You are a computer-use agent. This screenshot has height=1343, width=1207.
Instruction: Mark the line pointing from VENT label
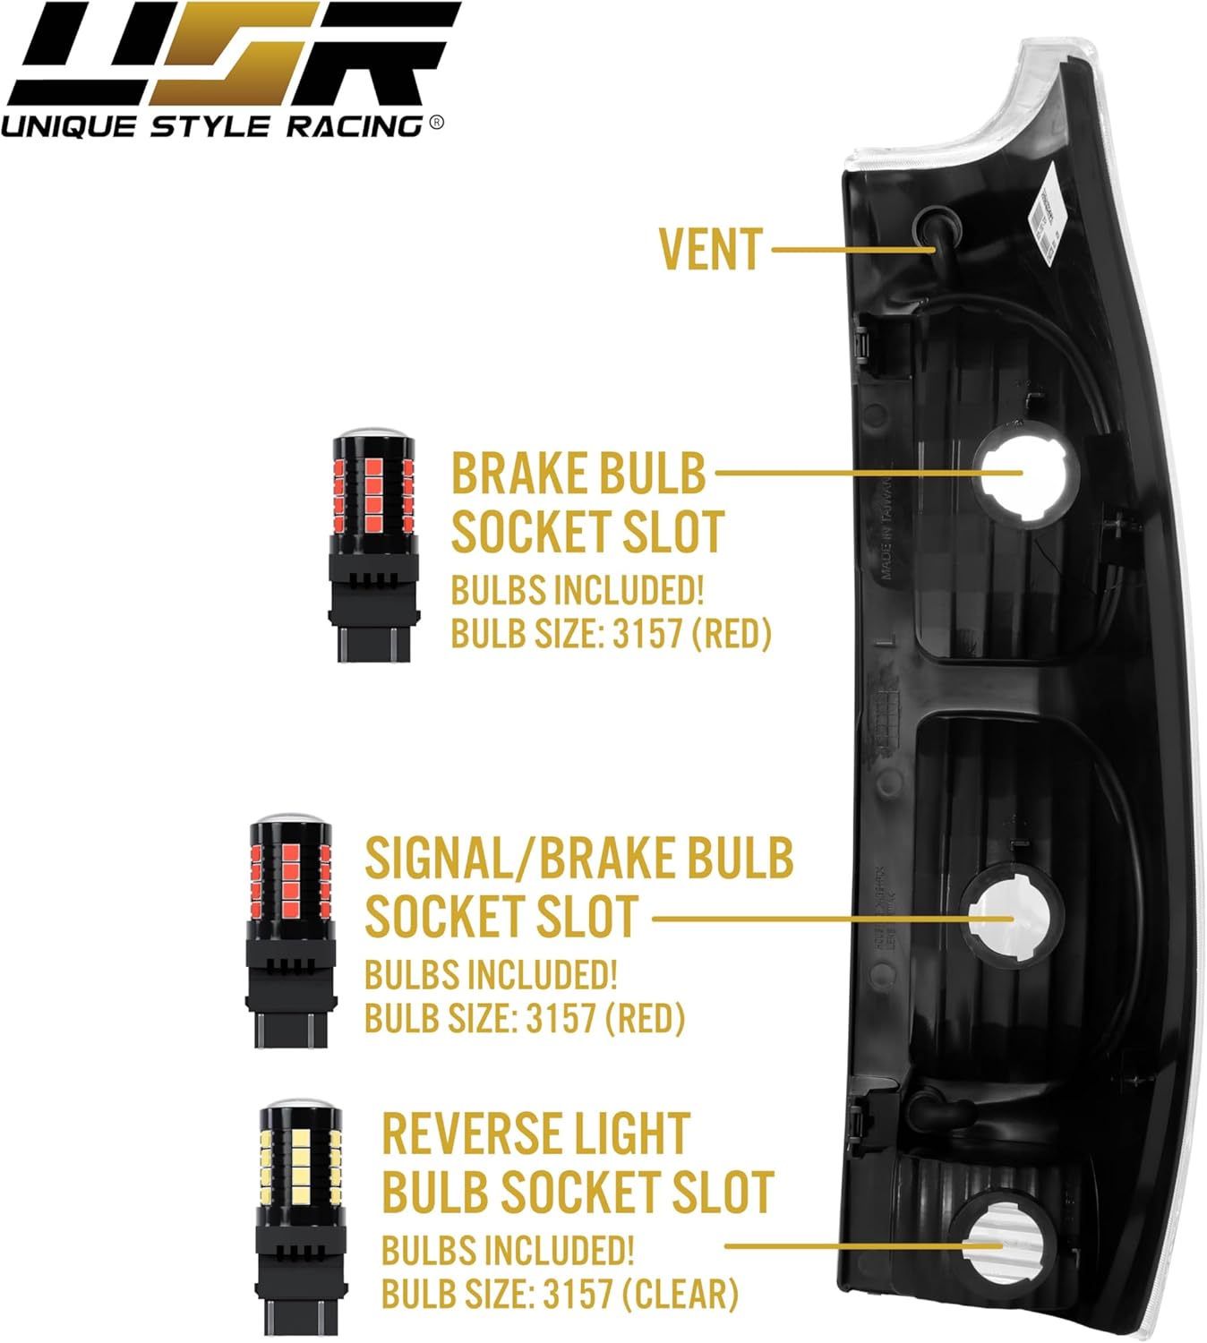[x=851, y=250]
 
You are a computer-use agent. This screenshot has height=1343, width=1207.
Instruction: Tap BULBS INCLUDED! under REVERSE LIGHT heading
[x=508, y=1251]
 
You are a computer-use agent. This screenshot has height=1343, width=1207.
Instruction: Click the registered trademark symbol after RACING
[x=436, y=123]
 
